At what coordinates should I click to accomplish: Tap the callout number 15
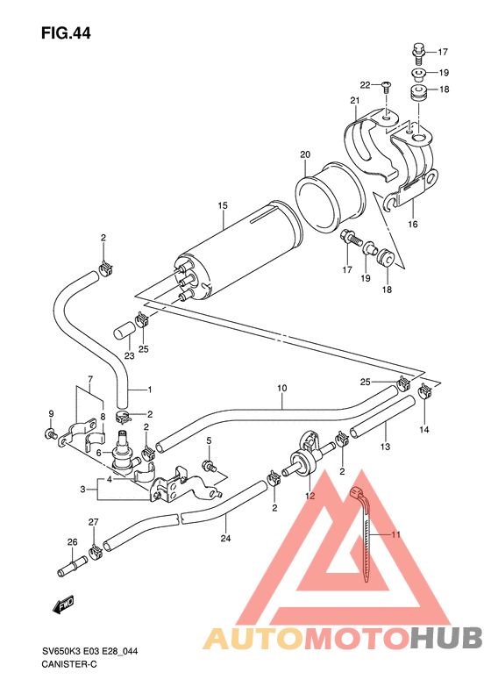click(223, 206)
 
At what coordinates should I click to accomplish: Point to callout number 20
click(305, 155)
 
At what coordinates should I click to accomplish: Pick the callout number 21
click(356, 101)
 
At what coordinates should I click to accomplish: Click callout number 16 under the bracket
click(412, 225)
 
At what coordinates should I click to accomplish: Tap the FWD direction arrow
click(63, 604)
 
